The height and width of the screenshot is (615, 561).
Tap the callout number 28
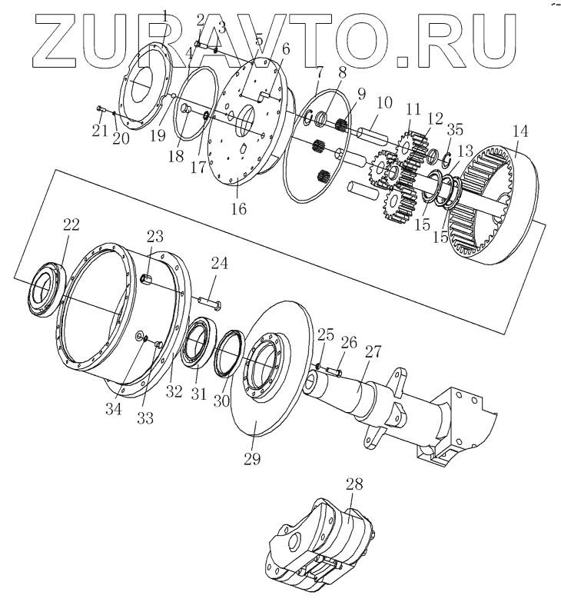[x=354, y=485]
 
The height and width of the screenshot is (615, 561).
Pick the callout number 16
[x=239, y=208]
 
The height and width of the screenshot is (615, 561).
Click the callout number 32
[x=174, y=391]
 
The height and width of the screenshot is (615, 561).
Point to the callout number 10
[x=383, y=103]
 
